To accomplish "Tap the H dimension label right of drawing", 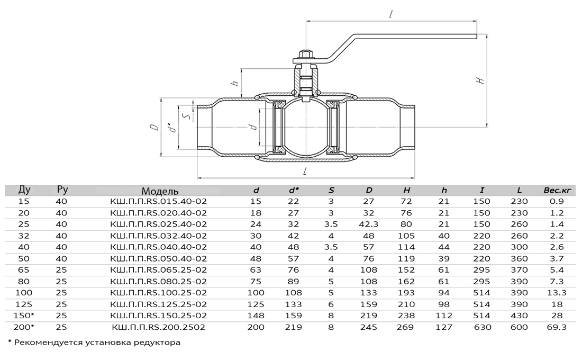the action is click(x=480, y=80).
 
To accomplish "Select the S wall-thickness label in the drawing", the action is click(x=188, y=116).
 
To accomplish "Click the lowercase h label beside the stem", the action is click(x=235, y=83).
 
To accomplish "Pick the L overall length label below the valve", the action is click(x=305, y=171).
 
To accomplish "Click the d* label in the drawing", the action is click(x=171, y=127).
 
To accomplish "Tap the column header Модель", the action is click(x=160, y=191).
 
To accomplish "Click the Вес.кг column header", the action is click(x=557, y=190).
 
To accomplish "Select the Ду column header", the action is click(x=24, y=190).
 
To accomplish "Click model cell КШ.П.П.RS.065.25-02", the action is click(x=159, y=269).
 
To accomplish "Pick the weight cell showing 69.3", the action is click(x=557, y=327).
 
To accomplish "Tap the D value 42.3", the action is click(x=369, y=224).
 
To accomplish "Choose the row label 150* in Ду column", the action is click(x=24, y=316).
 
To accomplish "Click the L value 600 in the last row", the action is click(x=519, y=327).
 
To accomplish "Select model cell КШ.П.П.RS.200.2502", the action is click(x=159, y=327).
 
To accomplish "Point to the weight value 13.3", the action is click(x=557, y=292).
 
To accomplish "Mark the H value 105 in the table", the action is click(x=406, y=236).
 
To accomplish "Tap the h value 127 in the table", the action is click(x=444, y=327).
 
